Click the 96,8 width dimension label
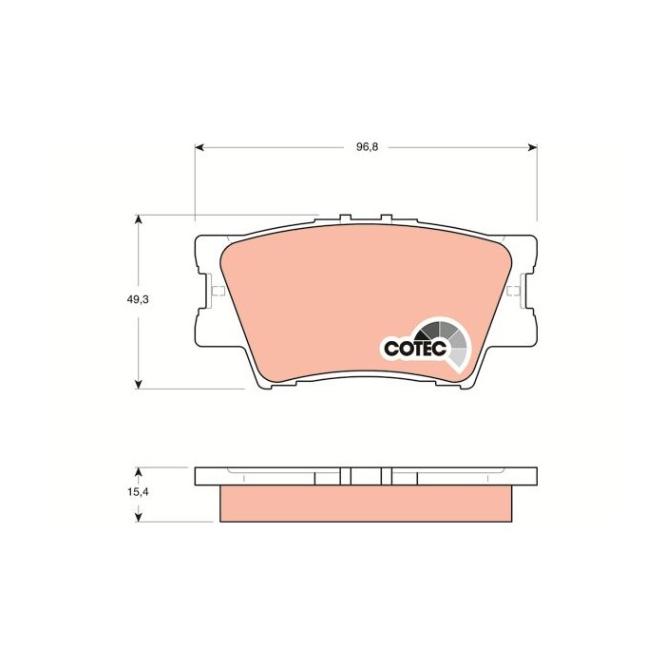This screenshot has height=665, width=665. point(368,147)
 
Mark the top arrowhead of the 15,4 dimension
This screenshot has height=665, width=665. point(140,471)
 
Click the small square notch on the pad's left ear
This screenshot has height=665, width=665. point(217,291)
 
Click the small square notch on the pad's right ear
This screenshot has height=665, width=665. point(513,291)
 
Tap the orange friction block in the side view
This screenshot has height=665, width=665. point(367,503)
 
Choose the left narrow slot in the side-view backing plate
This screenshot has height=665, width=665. point(347,476)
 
